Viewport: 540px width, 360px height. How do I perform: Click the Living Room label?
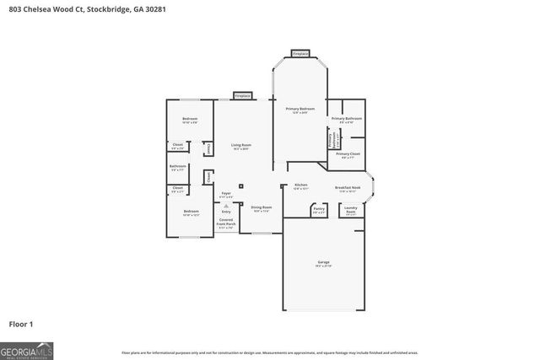click(240, 145)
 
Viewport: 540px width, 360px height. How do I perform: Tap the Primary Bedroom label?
click(300, 110)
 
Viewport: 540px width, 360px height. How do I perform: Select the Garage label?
click(324, 264)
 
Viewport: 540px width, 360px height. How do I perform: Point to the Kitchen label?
click(301, 185)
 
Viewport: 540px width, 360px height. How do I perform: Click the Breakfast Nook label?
click(348, 187)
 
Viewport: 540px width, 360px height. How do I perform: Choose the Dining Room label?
click(262, 207)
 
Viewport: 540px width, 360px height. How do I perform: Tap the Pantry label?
click(319, 207)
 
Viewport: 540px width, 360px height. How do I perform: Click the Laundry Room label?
click(350, 209)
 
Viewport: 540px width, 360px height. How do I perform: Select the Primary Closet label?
click(348, 154)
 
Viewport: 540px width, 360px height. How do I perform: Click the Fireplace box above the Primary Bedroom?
click(300, 53)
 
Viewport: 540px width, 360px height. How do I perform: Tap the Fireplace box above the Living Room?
click(241, 96)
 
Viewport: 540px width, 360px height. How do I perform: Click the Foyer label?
click(226, 193)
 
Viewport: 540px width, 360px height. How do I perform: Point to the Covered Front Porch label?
click(226, 222)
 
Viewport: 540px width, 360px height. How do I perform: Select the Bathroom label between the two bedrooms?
click(177, 166)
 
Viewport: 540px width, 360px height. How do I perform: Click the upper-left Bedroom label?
click(190, 119)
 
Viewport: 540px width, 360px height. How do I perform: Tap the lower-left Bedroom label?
click(192, 212)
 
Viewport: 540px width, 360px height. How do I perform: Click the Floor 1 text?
click(21, 323)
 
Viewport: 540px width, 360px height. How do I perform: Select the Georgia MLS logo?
click(28, 349)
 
